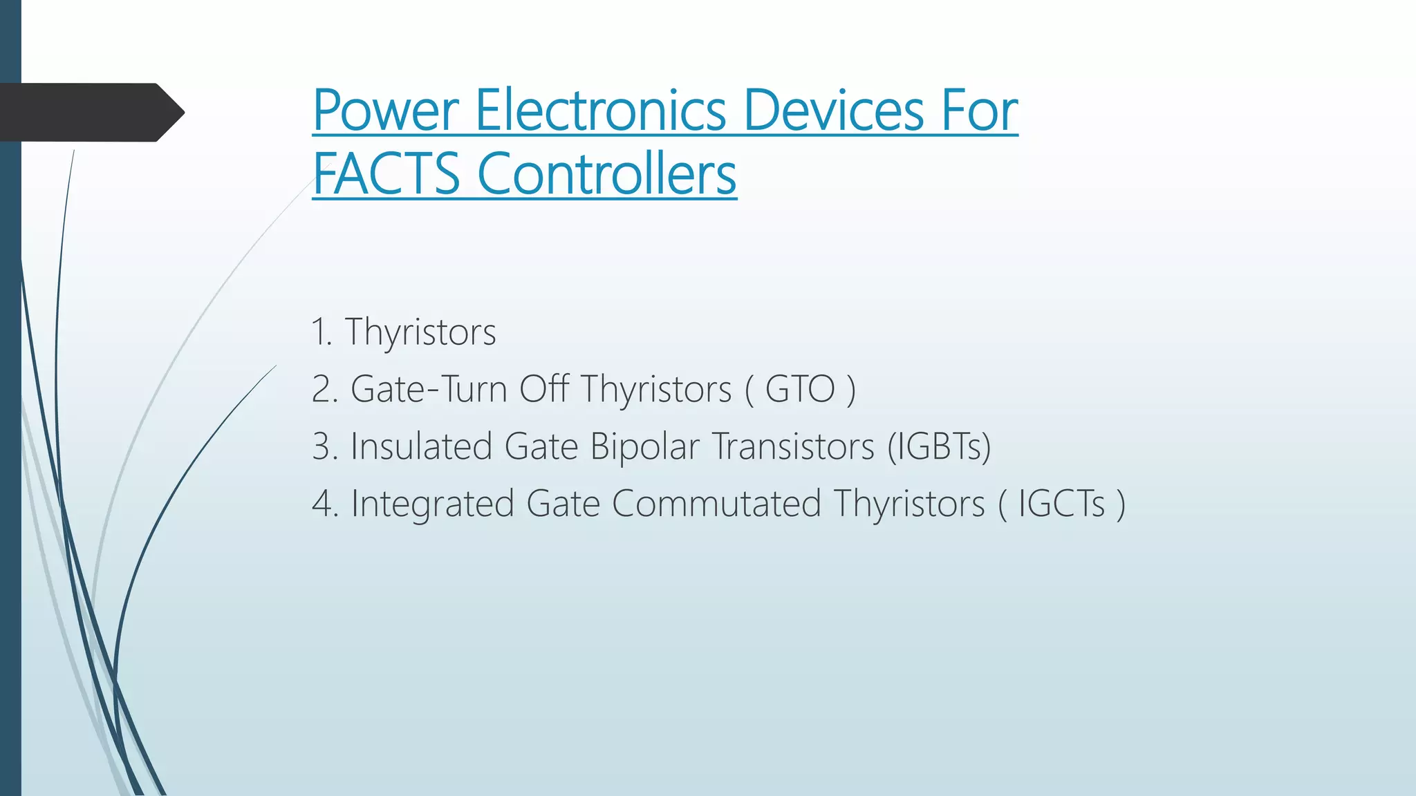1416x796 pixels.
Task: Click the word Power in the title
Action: pyautogui.click(x=386, y=111)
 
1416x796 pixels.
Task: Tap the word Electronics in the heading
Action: pyautogui.click(x=600, y=111)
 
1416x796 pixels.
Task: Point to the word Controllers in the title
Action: pyautogui.click(x=606, y=174)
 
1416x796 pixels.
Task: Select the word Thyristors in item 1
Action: pyautogui.click(x=420, y=332)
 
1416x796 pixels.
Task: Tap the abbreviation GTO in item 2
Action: pyautogui.click(x=800, y=389)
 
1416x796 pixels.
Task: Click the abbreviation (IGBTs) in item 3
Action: pyautogui.click(x=939, y=446)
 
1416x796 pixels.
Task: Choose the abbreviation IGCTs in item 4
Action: pyautogui.click(x=1061, y=504)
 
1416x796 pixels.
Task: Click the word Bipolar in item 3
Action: pyautogui.click(x=644, y=446)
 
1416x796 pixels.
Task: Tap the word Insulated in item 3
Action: pyautogui.click(x=421, y=446)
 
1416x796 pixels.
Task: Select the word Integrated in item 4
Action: pyautogui.click(x=433, y=504)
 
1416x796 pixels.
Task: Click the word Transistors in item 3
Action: pyautogui.click(x=793, y=446)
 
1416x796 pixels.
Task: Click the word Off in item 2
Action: pyautogui.click(x=544, y=389)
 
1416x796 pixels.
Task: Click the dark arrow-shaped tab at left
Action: pyautogui.click(x=90, y=113)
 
